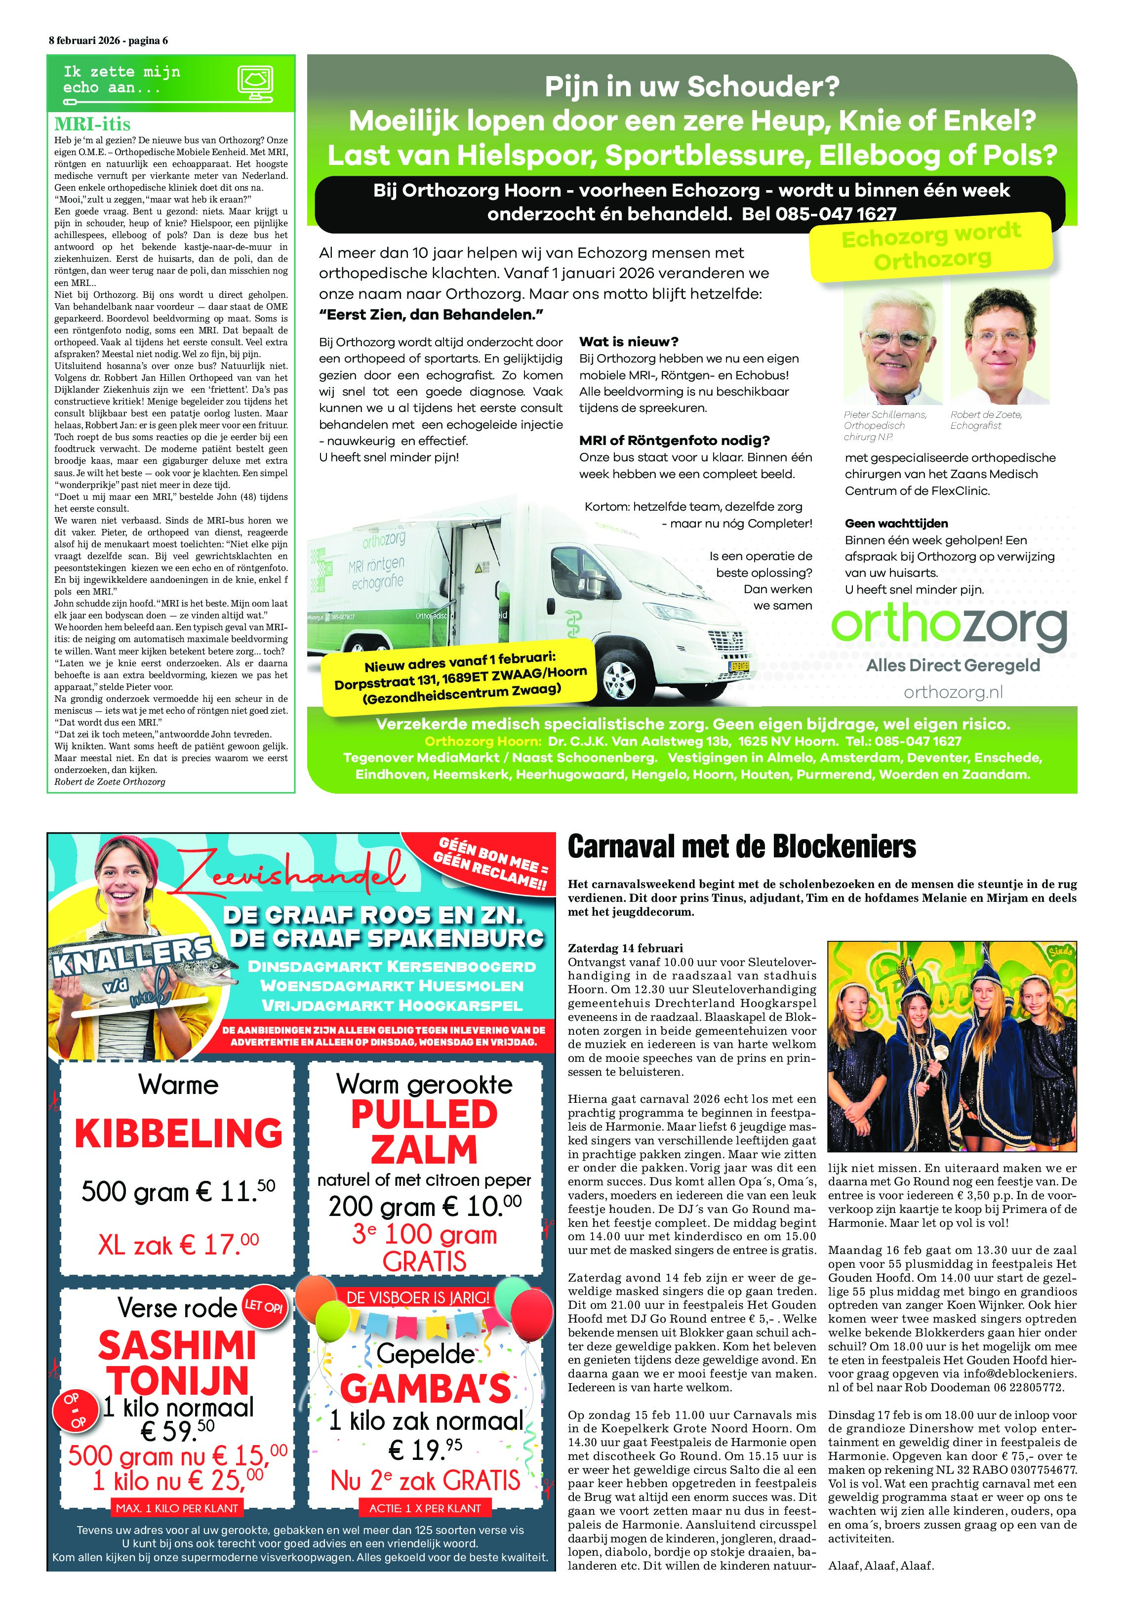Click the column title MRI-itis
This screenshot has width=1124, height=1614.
coord(92,124)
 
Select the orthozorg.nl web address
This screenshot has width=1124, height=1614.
coord(953,692)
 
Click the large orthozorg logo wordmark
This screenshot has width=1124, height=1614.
coord(949,626)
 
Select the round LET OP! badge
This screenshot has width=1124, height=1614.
coord(264,1306)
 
